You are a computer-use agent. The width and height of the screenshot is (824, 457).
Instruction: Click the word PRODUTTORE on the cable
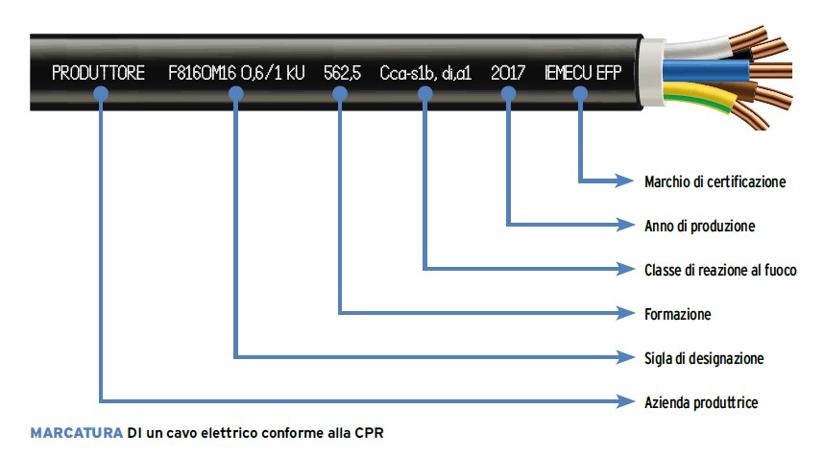pos(98,72)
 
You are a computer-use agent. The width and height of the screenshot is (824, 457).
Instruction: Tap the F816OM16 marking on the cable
pos(195,72)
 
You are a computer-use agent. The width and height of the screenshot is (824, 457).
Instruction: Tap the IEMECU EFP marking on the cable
pos(582,72)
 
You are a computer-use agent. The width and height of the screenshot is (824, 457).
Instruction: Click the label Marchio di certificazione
pos(715,180)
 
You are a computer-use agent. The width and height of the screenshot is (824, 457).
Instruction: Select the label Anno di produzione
pos(699,226)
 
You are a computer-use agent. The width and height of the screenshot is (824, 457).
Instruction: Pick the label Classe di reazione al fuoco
pos(720,270)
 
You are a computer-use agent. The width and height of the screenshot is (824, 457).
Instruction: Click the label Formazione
pos(677,314)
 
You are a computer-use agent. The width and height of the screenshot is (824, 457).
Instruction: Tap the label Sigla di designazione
pos(704,358)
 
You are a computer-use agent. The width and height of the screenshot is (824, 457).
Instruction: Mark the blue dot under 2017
pos(509,92)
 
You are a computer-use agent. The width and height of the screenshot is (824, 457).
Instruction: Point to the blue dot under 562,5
pos(340,92)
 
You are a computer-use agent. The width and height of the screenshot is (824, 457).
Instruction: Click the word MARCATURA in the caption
pos(77,432)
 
